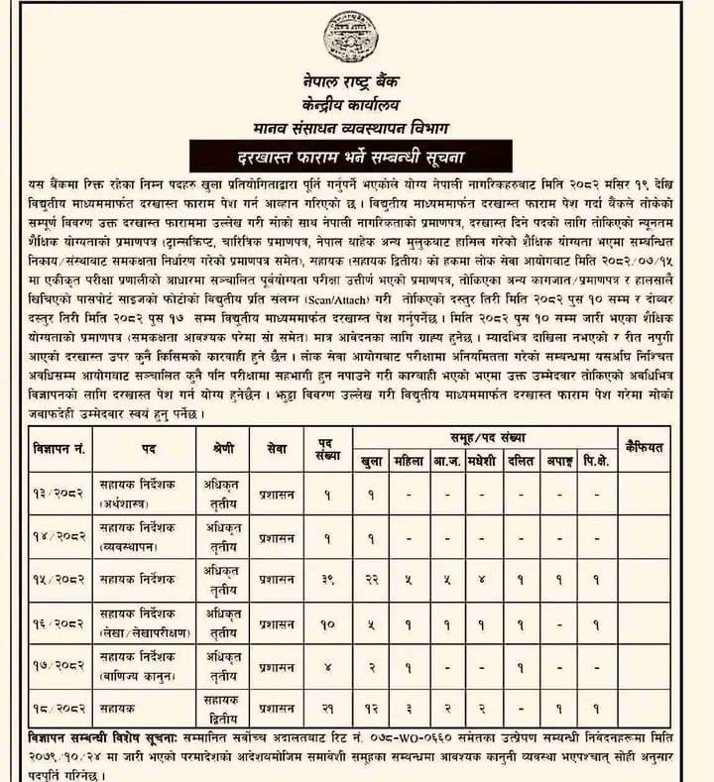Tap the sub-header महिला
click(x=408, y=460)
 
